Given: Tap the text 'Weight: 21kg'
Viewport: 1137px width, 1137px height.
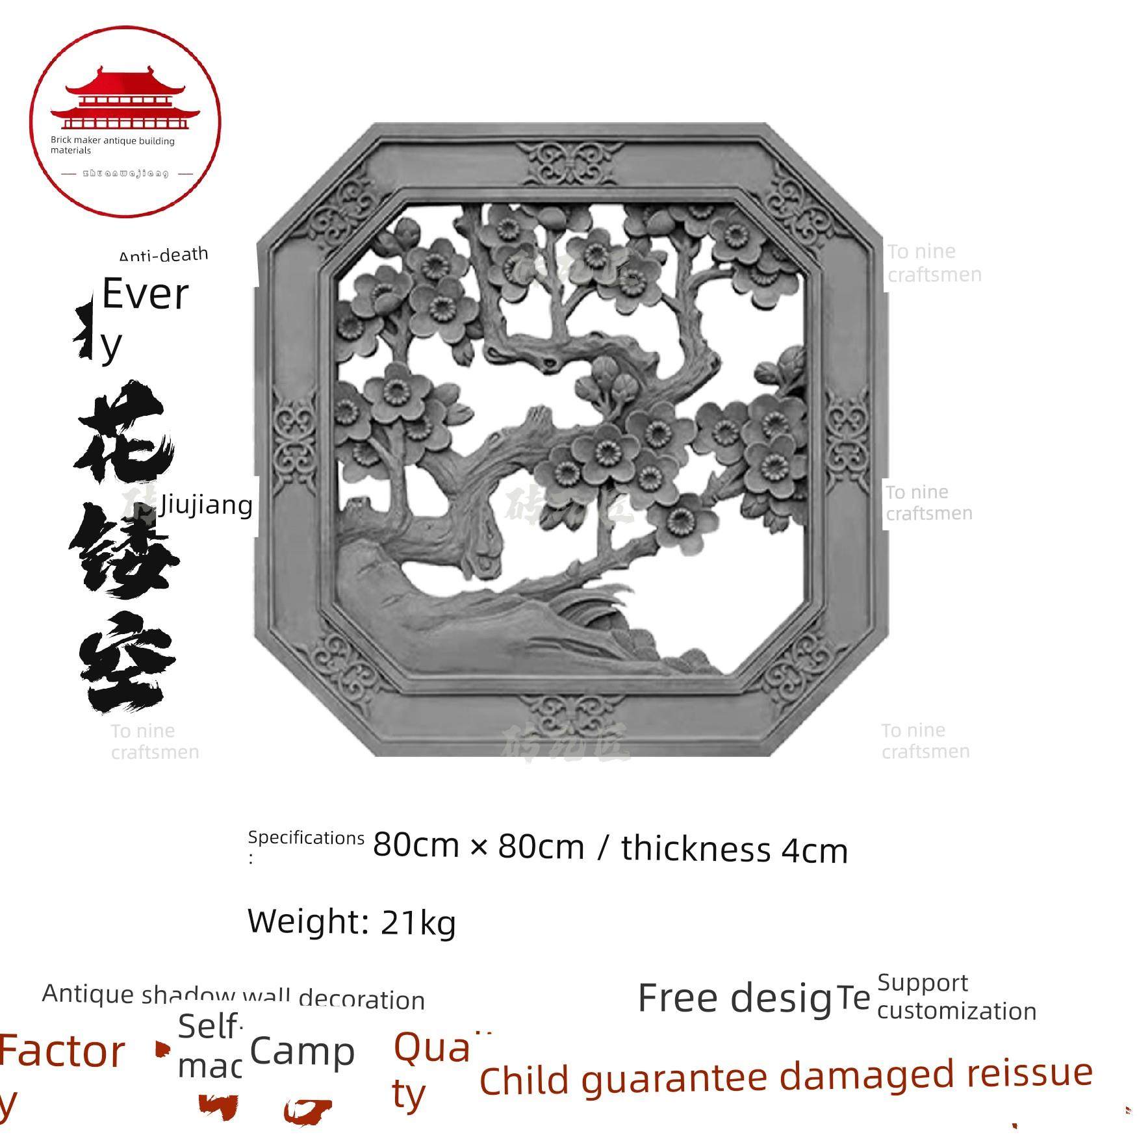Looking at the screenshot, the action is pos(351,921).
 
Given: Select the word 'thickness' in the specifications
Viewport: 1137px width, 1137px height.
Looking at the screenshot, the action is pos(695,849).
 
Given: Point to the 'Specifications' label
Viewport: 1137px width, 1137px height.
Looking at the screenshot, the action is pos(305,838).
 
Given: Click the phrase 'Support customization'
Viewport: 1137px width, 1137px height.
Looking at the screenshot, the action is pos(956,997).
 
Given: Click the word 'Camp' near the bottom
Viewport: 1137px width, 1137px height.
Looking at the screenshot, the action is pos(302,1051).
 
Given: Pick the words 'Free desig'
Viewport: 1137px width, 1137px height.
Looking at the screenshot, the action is pos(734,998).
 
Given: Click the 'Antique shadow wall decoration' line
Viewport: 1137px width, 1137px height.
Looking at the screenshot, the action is pos(233,996).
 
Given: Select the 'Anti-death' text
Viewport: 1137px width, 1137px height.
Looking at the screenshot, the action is pos(164,254).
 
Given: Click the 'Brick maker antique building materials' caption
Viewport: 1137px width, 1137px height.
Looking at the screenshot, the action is pos(112,145).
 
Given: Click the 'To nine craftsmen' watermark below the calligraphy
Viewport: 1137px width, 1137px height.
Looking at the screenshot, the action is pos(155,741).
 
